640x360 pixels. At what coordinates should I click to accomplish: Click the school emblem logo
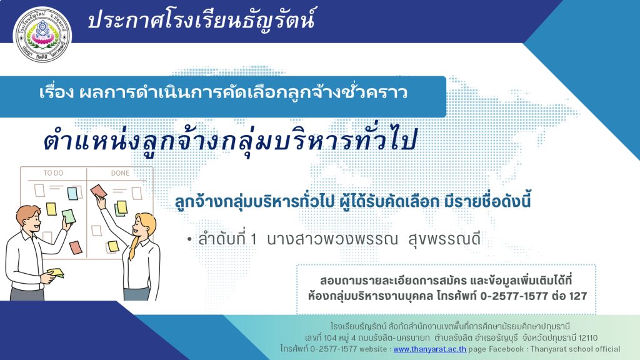point(42,34)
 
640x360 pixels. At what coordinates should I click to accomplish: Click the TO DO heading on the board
point(54,173)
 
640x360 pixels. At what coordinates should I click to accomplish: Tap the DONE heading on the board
point(120,173)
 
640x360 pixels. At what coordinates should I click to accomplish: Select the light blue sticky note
point(72,194)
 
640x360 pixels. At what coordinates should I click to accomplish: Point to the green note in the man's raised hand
point(69,216)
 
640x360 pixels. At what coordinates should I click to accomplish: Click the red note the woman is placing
point(98,191)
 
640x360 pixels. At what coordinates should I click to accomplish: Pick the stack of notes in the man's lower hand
point(56,272)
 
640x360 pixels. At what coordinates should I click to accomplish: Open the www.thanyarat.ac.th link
point(430,349)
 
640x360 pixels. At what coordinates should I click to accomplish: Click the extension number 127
point(577,296)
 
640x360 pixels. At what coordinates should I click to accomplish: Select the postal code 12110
point(588,338)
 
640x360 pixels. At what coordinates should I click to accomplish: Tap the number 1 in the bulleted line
point(254,239)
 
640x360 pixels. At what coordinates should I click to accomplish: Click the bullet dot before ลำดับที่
point(189,239)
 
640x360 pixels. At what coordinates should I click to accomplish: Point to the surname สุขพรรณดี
point(445,239)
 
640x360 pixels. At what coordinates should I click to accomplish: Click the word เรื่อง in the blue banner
point(57,92)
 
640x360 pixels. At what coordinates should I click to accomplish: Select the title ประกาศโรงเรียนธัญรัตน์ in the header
point(201,19)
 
